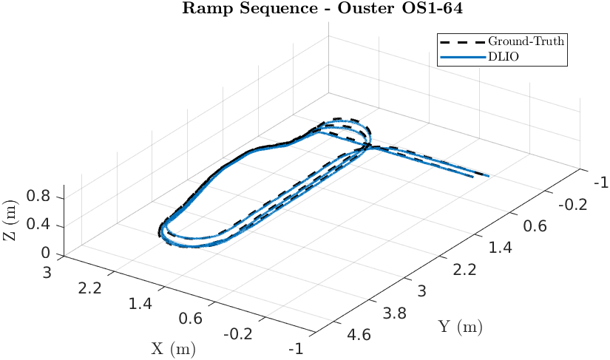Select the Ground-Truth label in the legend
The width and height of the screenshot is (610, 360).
[526, 41]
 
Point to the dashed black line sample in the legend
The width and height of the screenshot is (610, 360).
[461, 41]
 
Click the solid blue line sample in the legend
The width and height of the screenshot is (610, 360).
[461, 56]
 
